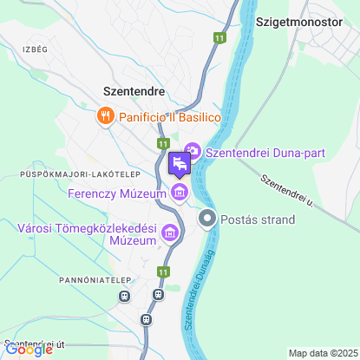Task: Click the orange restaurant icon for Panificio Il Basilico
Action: pos(106,115)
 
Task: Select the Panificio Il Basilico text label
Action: pos(170,116)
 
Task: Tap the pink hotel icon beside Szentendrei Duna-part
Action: pos(193,153)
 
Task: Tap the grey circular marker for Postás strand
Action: pos(207,219)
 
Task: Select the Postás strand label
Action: pos(258,219)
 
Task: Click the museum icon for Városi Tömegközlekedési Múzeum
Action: pos(169,232)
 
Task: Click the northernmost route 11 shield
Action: pos(219,38)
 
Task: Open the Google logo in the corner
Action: pos(29,350)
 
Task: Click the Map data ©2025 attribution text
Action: pos(322,353)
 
